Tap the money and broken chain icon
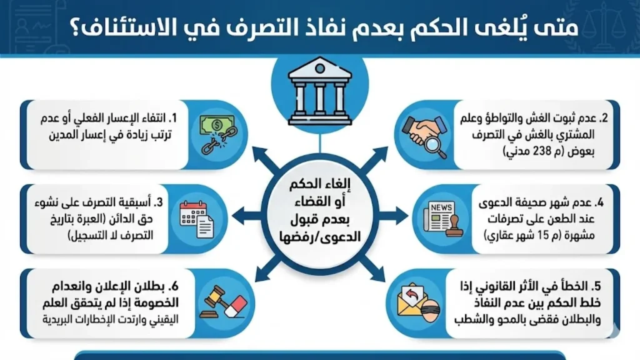coord(216,134)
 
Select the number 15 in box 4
coord(549,235)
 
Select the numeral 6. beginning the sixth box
coord(176,287)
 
